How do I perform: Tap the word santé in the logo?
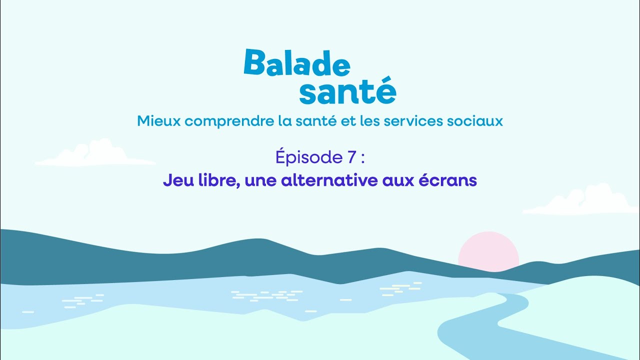[347, 91]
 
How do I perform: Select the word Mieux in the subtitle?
[153, 120]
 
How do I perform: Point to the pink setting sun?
[488, 250]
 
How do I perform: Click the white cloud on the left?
[95, 153]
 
